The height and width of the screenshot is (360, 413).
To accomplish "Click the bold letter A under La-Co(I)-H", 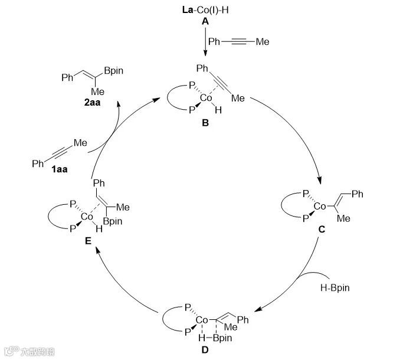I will (x=205, y=21).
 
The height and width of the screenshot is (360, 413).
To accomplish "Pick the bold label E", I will (x=87, y=241).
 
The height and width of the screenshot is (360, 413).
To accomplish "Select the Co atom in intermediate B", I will (x=206, y=96).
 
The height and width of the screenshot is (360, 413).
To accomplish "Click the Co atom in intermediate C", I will (x=319, y=207).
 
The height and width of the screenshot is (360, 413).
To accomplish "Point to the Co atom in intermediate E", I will (x=87, y=217).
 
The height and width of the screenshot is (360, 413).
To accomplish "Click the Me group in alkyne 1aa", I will (x=80, y=142).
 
